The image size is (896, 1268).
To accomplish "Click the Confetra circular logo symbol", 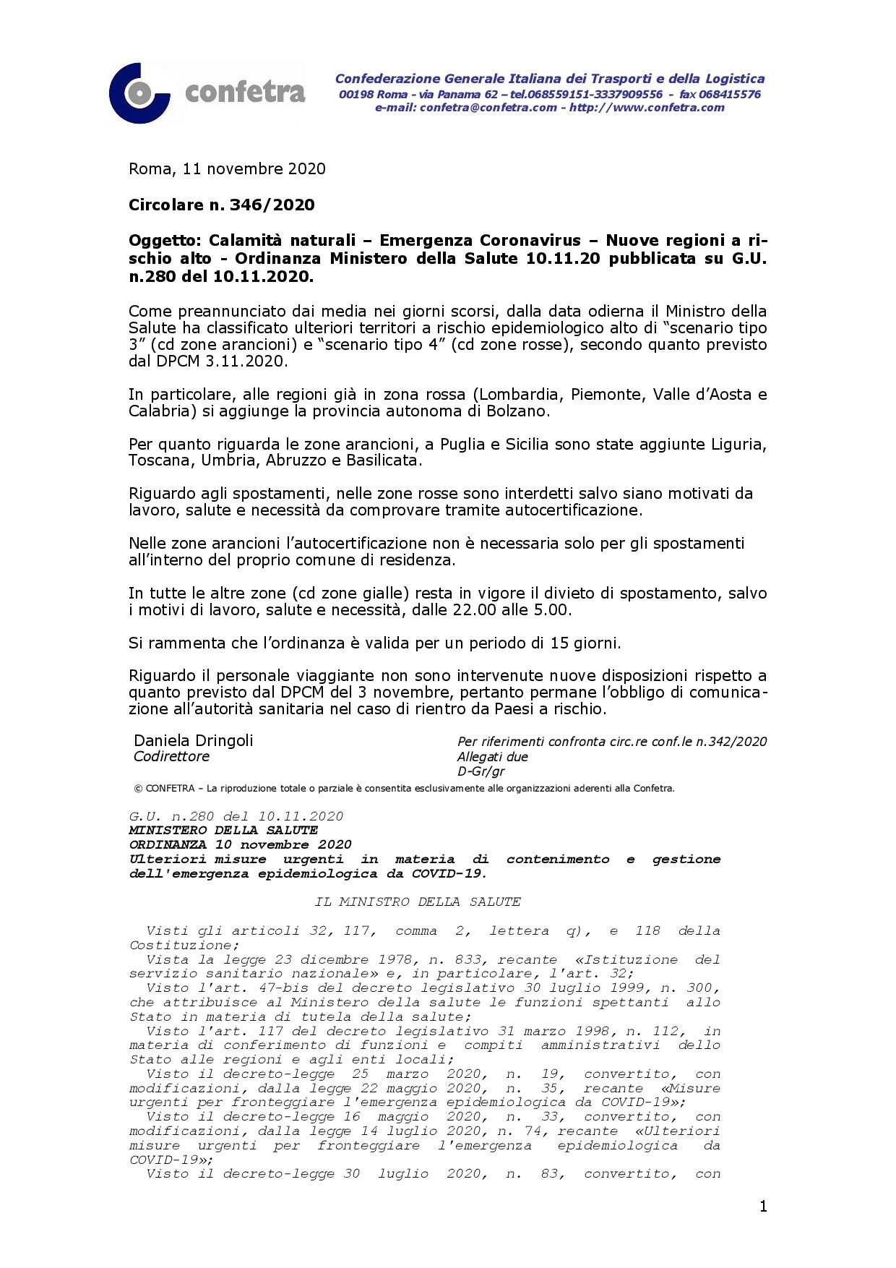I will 138,93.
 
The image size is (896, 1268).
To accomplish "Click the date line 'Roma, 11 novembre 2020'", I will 227,169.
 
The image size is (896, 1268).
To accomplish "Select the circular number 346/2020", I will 272,205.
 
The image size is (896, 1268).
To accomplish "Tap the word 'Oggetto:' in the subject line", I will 165,241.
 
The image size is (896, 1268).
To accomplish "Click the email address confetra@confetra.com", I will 488,108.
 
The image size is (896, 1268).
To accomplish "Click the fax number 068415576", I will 730,95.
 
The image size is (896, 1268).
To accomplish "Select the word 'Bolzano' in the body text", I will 520,411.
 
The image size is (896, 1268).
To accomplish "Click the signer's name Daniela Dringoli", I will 194,741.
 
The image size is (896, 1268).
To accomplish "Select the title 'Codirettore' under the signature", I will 172,757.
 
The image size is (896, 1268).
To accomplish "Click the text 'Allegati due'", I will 493,757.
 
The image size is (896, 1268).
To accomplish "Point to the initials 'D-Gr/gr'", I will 481,771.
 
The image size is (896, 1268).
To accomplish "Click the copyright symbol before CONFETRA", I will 138,789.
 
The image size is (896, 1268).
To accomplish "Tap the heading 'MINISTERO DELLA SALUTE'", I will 223,831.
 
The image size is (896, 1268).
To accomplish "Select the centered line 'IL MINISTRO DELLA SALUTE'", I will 418,902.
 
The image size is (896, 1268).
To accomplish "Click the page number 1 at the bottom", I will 763,1206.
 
